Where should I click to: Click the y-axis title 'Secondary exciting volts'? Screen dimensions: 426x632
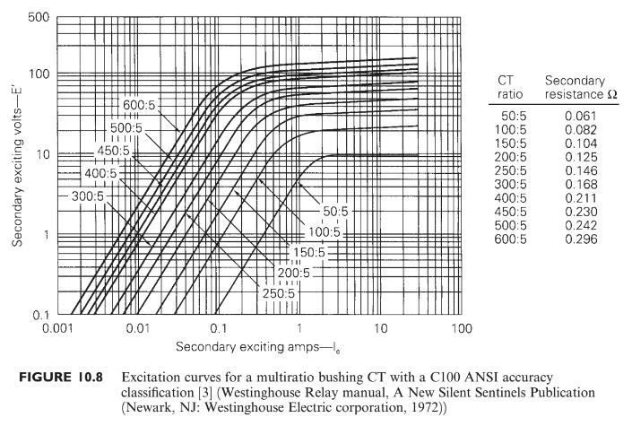[17, 166]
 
